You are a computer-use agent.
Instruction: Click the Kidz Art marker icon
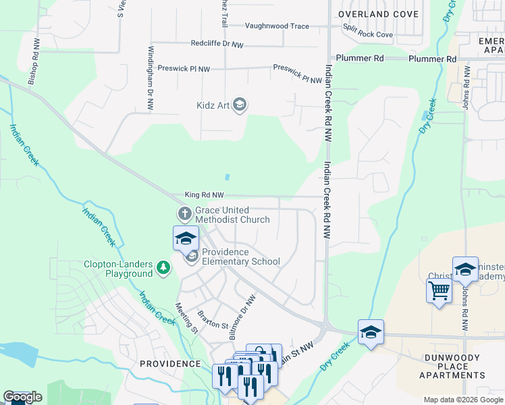tap(240, 105)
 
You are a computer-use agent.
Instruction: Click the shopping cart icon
tap(439, 291)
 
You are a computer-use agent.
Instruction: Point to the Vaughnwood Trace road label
tap(277, 26)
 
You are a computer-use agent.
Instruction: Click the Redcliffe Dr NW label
tap(217, 44)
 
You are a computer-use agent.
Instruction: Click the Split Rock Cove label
tap(368, 34)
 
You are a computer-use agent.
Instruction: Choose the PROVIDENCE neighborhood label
tap(170, 364)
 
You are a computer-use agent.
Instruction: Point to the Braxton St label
tap(214, 319)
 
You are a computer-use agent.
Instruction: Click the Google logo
tap(22, 398)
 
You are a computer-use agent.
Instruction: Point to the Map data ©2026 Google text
tap(463, 400)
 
